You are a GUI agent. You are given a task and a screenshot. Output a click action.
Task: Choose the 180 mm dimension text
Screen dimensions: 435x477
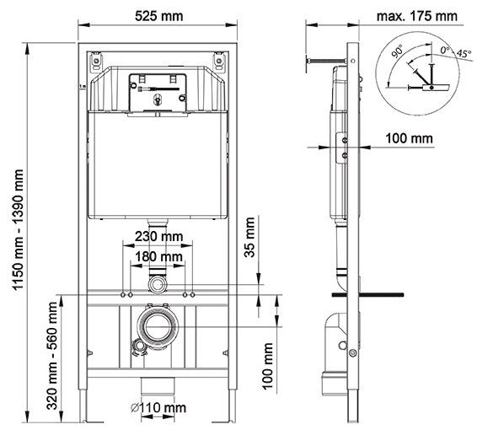coord(159,256)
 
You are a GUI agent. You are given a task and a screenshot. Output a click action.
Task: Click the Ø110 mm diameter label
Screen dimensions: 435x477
coord(160,408)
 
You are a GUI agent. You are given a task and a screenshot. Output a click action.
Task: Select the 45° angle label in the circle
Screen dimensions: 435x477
coord(461,54)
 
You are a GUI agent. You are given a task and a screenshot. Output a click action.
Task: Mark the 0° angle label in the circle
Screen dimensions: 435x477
coord(445,50)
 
